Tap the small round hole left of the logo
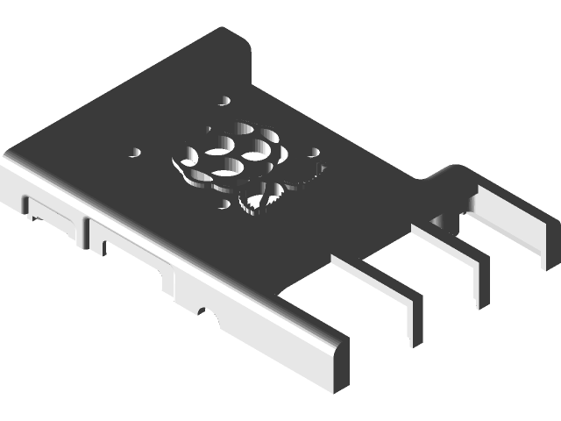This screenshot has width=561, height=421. pos(136,152)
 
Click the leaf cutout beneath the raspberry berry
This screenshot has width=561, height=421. pos(263,198)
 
